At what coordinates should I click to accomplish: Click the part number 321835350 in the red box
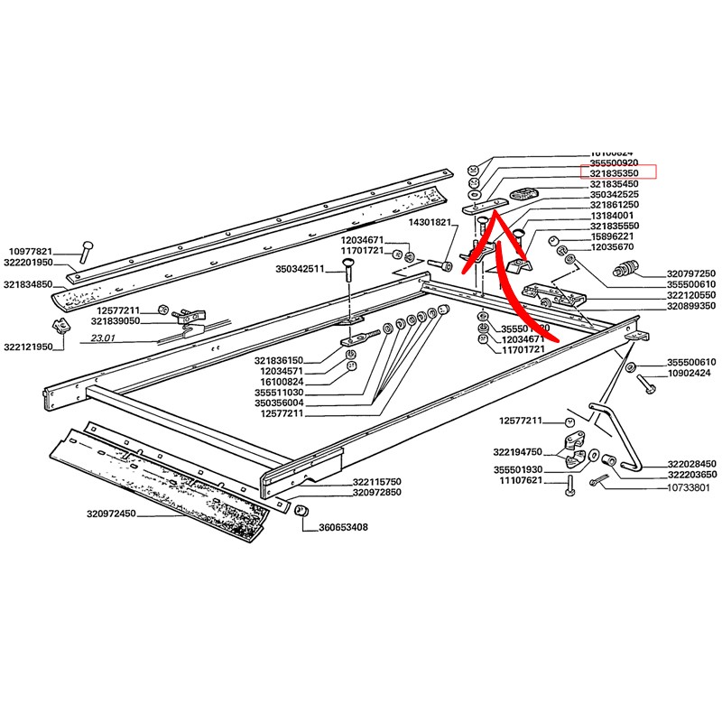621,171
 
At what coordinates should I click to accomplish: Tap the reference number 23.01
105,339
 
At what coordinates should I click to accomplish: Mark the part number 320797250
691,273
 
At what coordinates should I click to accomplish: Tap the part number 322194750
517,451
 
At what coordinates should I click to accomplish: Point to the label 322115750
375,482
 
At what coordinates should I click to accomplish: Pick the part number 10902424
691,373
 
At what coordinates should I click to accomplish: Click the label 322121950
28,347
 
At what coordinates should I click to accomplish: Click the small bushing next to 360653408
303,512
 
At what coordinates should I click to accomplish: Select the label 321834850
28,284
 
